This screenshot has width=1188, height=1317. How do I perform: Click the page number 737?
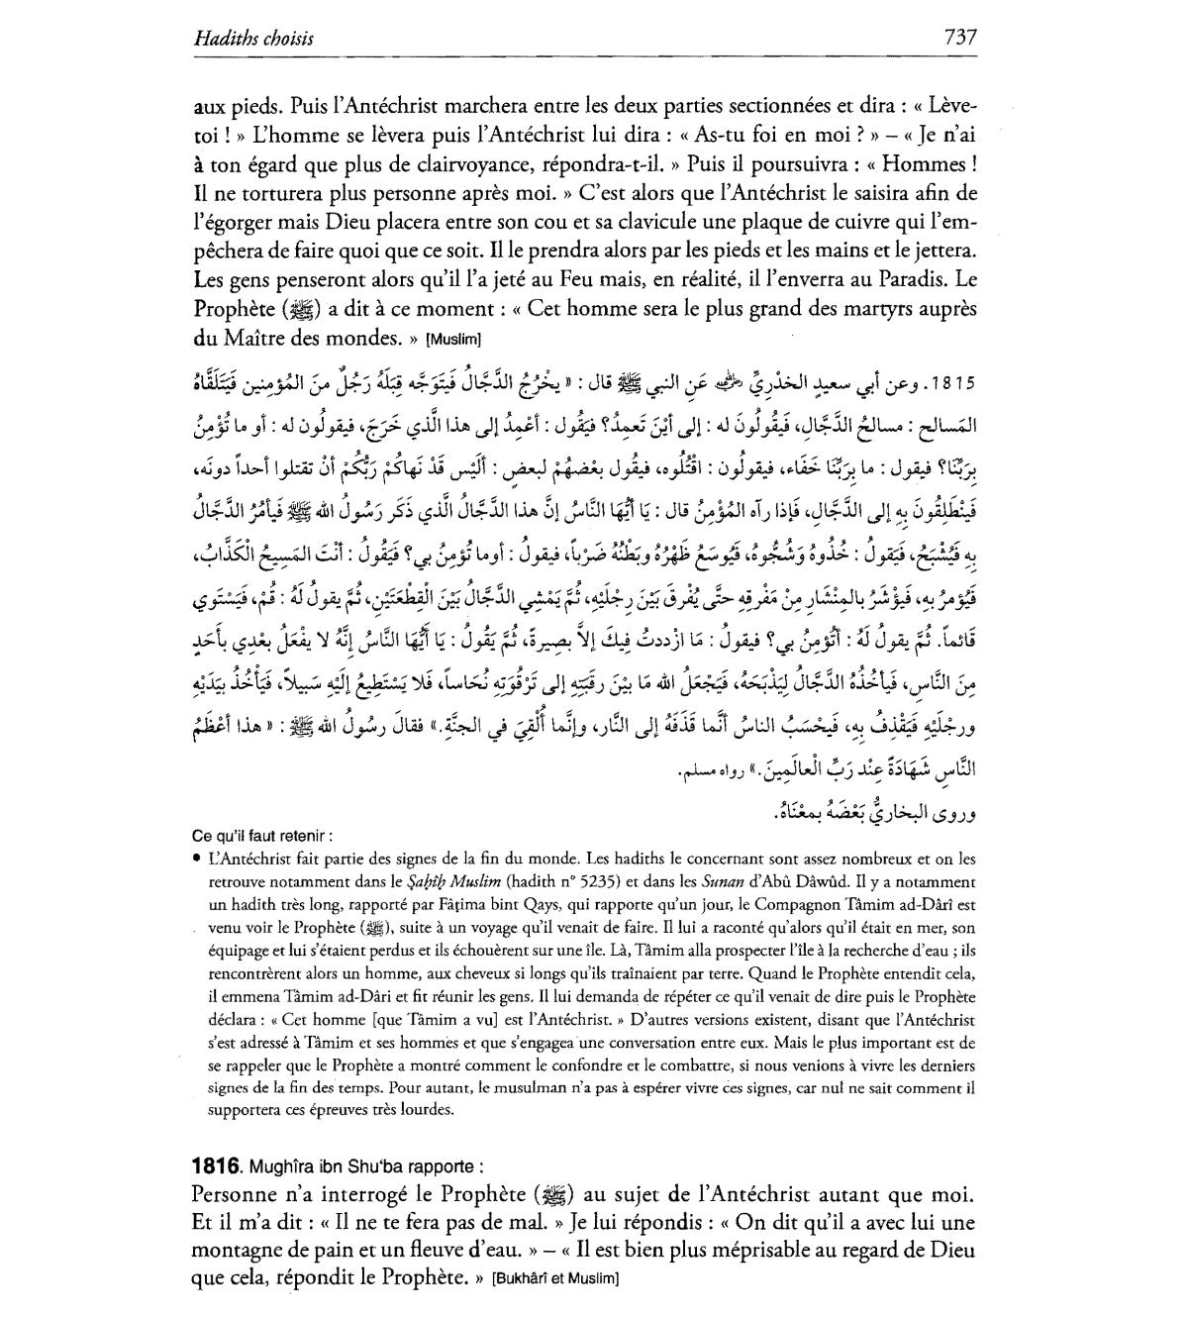point(960,38)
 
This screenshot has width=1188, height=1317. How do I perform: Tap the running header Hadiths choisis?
point(253,39)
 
